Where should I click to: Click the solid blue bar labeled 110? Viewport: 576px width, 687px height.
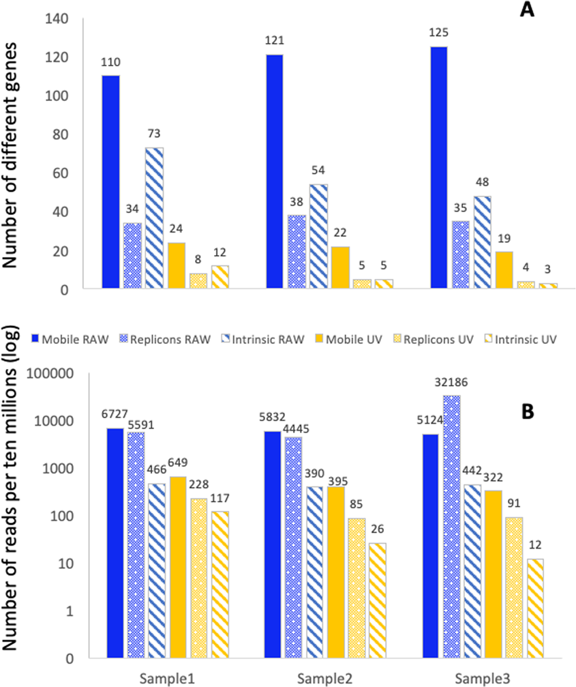(x=110, y=181)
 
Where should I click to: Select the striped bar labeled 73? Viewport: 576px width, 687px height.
(x=153, y=218)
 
